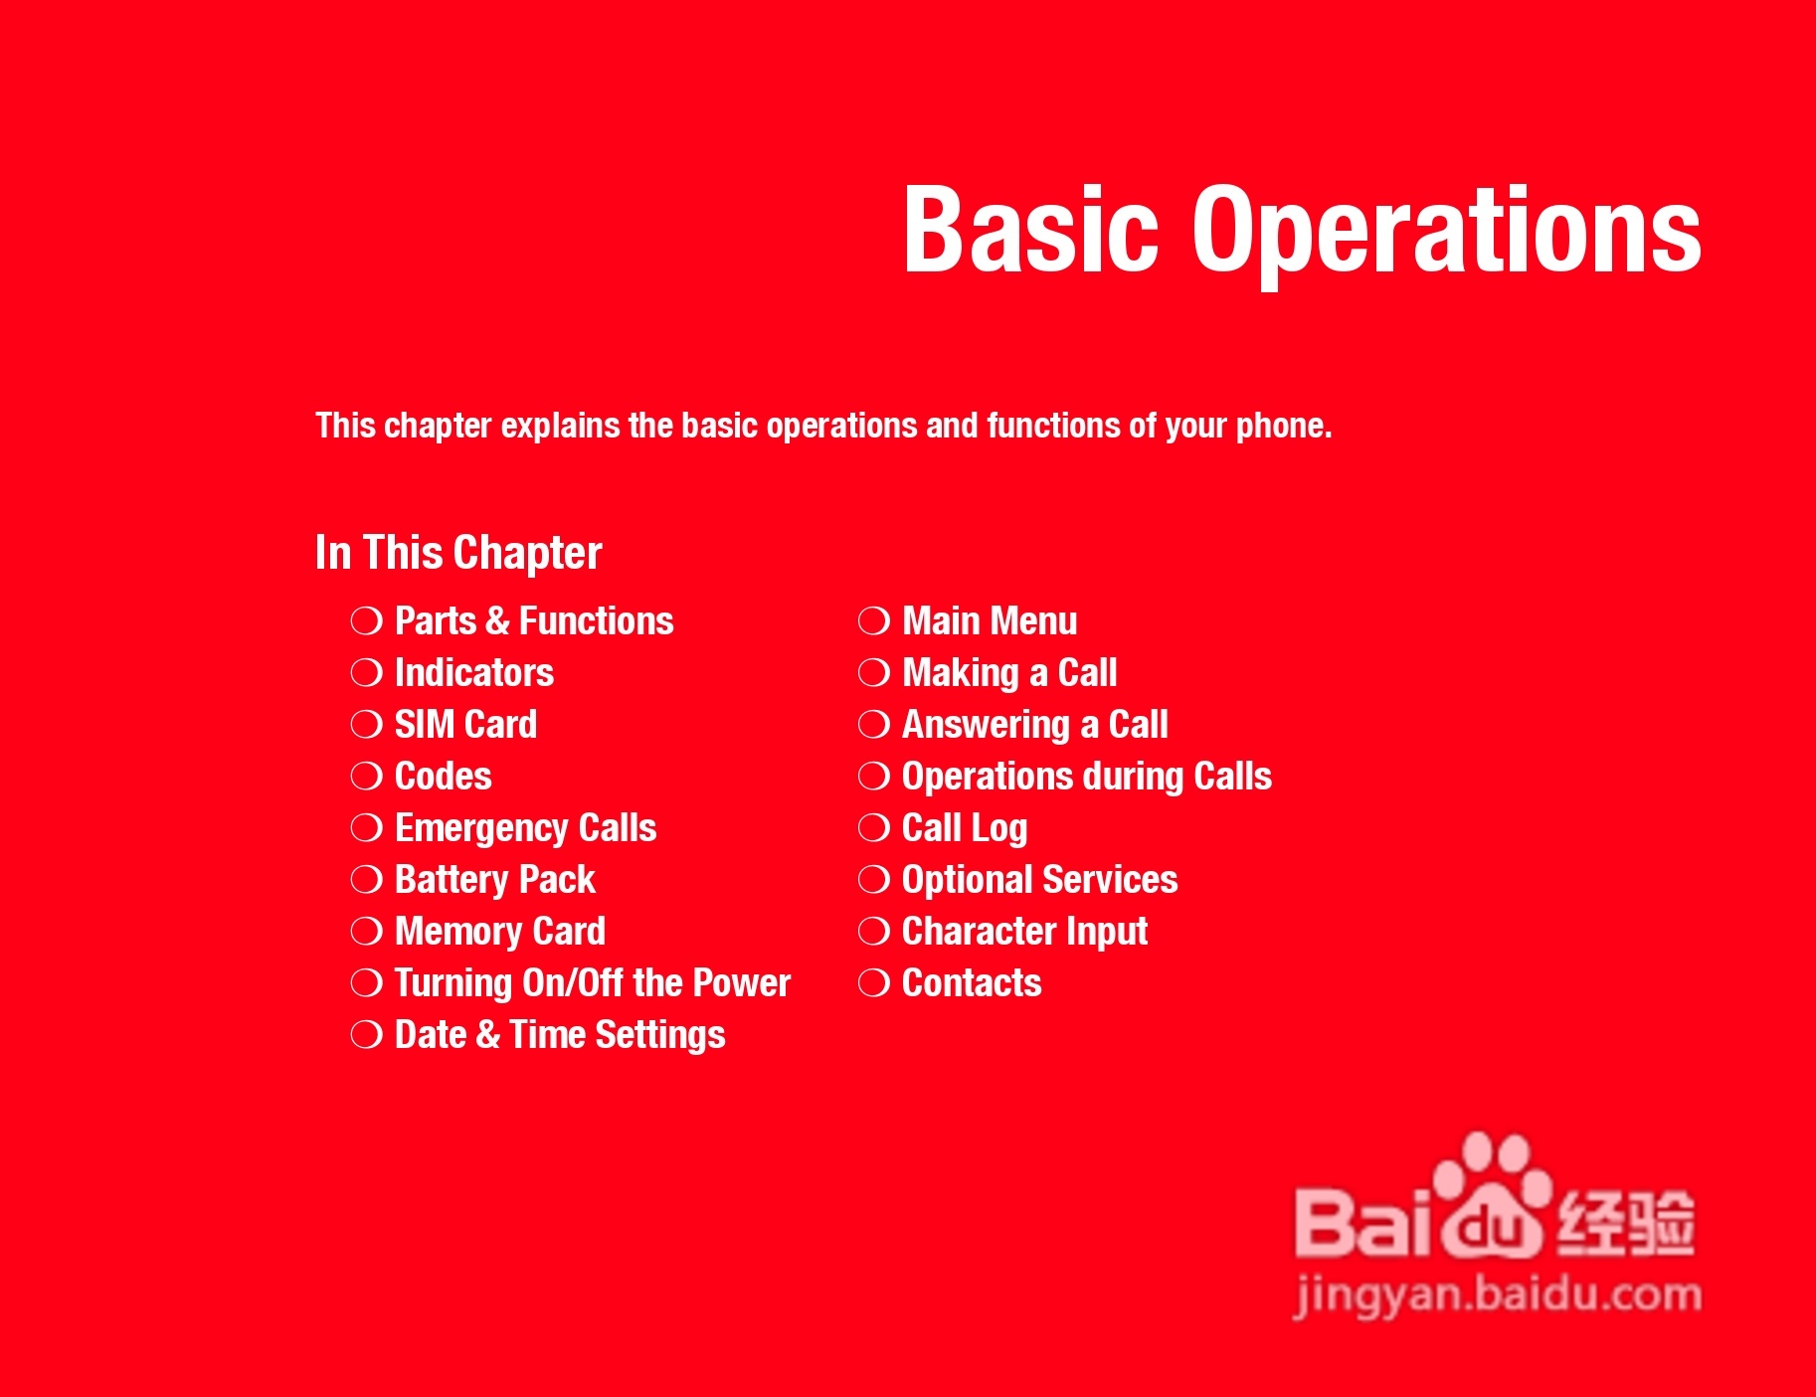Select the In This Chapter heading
click(458, 554)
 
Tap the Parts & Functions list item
click(534, 621)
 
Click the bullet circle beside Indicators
click(367, 673)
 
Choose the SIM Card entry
click(465, 724)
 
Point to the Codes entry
click(443, 776)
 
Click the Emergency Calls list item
click(525, 828)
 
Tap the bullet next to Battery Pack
click(367, 880)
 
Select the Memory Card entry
click(500, 932)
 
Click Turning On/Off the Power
click(593, 983)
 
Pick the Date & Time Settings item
click(560, 1035)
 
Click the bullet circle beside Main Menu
click(874, 621)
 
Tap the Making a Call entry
click(1009, 673)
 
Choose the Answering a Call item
click(1035, 725)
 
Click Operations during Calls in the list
click(1087, 777)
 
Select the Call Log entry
click(965, 828)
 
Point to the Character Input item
click(1024, 932)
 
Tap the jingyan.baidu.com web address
click(1498, 1296)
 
